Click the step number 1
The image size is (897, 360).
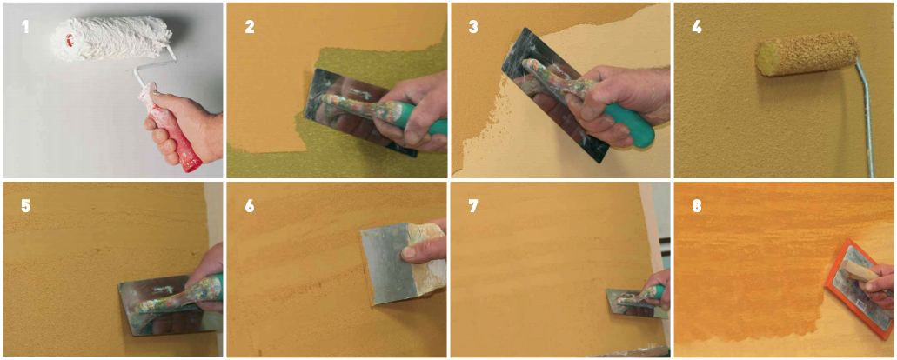(25, 26)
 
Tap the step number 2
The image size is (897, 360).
(250, 26)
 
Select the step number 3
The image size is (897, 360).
(473, 26)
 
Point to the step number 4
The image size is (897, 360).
(697, 26)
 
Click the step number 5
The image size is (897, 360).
(25, 206)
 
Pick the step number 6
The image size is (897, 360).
(250, 206)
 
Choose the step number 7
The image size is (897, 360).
(473, 206)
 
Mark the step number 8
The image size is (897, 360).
(697, 206)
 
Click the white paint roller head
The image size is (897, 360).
(110, 37)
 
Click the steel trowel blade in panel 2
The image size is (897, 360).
(355, 109)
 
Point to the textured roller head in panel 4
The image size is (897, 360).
(807, 54)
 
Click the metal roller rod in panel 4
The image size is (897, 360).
(865, 114)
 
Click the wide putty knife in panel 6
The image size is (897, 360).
(395, 263)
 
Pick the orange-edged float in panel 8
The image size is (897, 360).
(858, 289)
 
